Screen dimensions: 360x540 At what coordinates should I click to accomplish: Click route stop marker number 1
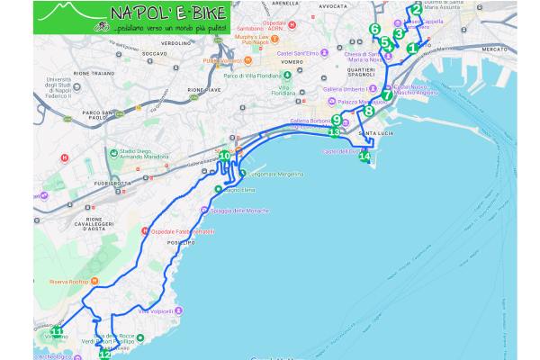412,49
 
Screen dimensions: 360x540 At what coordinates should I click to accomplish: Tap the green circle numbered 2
416,11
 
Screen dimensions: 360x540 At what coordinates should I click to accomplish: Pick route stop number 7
386,95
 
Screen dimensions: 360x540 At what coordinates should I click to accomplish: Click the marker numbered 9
336,120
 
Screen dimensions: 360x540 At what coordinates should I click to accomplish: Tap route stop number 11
56,332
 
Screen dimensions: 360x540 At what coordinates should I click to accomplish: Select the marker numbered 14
364,157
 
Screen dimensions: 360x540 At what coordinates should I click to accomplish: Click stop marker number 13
334,133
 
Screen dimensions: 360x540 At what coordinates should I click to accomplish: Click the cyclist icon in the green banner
103,27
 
